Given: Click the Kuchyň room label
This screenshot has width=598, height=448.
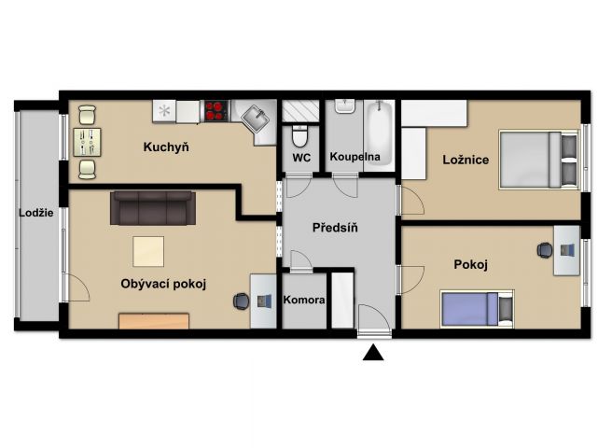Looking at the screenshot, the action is coord(166,147).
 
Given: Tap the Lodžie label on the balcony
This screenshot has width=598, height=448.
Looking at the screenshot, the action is coord(36,213).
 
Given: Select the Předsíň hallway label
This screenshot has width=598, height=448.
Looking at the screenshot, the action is coord(335,228).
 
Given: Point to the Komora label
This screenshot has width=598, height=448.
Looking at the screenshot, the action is coord(304,300).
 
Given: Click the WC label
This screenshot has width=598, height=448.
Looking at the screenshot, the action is coord(301,158).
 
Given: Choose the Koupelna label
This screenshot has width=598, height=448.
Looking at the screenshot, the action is coord(355,157).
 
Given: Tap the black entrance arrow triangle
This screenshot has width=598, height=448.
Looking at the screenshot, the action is coord(373,353).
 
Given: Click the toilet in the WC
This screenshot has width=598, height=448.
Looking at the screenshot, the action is coord(299,136).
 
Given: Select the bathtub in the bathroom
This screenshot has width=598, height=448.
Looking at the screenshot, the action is coord(379,133).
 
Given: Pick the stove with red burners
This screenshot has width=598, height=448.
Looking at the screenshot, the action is coord(216,111).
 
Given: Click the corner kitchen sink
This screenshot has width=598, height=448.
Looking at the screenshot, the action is coord(256,118).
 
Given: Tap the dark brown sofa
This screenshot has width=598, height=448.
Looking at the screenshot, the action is coord(153,208).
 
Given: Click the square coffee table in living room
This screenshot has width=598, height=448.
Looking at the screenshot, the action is coord(148,251).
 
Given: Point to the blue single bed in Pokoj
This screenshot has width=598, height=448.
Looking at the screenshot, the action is coord(477,309).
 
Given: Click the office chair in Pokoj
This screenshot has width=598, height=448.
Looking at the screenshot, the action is coord(545,250).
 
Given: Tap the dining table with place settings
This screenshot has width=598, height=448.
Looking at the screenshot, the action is coord(88,143).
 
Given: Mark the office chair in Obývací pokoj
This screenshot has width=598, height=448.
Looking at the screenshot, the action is coord(241,301).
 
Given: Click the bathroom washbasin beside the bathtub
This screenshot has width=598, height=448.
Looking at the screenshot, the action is coord(345,106).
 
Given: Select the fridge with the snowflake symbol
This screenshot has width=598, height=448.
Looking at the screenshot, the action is coord(164,111).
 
